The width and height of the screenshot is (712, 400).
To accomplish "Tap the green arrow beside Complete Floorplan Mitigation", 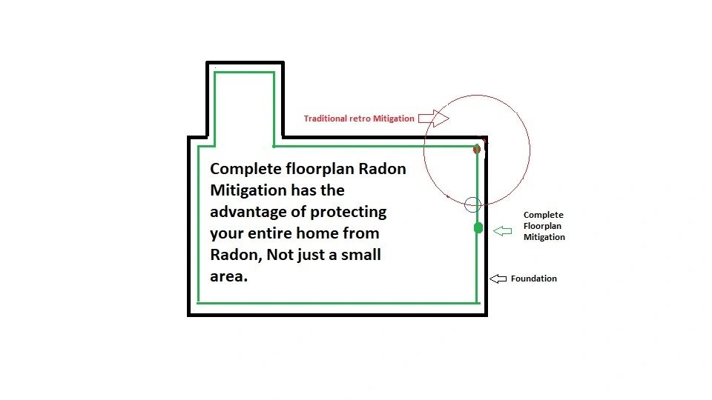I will coord(503,232).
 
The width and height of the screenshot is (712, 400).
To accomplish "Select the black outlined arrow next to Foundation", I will coord(498,279).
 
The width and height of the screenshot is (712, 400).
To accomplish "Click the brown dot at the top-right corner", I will coord(477,149).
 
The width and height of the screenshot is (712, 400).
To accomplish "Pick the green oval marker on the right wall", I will coord(478,227).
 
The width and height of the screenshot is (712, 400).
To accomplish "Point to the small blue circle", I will coord(472,204).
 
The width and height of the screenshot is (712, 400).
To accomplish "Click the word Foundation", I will coord(534,279).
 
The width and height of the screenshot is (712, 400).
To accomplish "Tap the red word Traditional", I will coord(326,119).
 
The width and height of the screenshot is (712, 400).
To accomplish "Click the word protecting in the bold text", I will coord(349,212).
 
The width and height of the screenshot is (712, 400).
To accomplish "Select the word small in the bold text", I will coord(360,255).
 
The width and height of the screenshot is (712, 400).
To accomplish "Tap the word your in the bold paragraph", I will coord(227,233).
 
